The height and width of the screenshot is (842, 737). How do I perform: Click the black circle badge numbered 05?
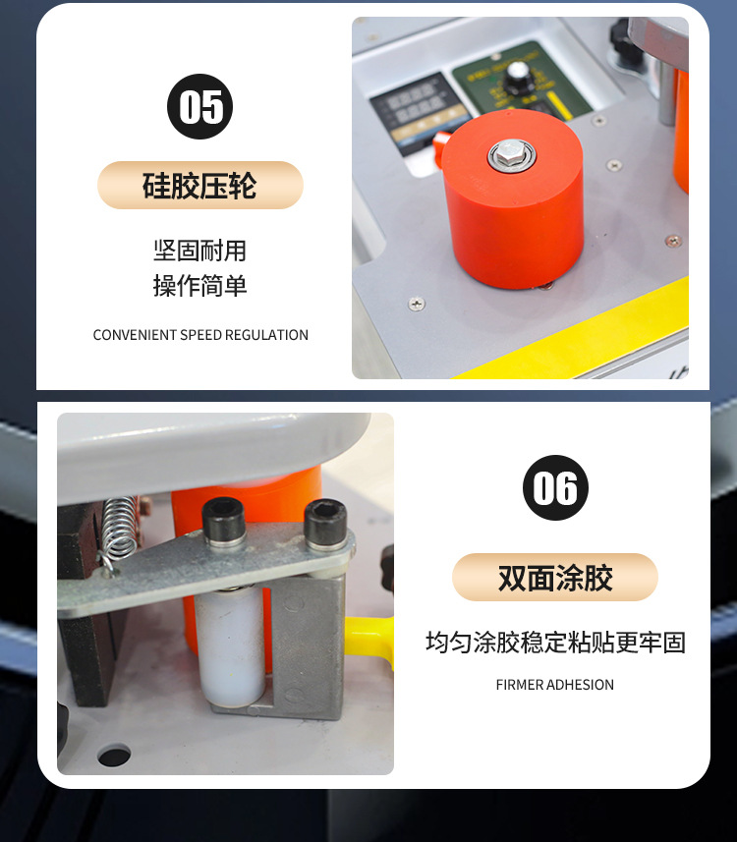click(x=200, y=106)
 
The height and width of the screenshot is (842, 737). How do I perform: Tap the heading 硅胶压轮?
click(x=200, y=186)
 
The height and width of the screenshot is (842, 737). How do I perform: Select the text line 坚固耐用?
click(x=200, y=250)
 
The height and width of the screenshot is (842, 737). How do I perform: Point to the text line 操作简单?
click(x=200, y=286)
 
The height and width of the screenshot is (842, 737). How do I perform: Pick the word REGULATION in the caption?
click(x=266, y=335)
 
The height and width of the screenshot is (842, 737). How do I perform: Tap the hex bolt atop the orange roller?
click(x=512, y=153)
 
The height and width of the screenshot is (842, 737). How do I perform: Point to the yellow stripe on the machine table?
click(x=590, y=339)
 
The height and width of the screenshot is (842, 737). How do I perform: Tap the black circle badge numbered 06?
click(x=555, y=488)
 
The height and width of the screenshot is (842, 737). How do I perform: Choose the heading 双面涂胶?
click(x=555, y=578)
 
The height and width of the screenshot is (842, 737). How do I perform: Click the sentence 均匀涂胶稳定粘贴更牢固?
click(x=555, y=643)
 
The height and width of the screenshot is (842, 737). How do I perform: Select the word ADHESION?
click(x=581, y=685)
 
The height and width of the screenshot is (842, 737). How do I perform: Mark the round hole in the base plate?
click(x=113, y=756)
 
